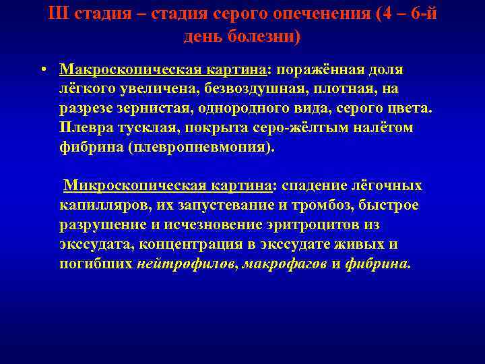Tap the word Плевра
(x=83, y=129)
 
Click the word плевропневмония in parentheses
(x=201, y=148)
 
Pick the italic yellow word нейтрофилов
(x=186, y=264)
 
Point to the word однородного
(x=249, y=109)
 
